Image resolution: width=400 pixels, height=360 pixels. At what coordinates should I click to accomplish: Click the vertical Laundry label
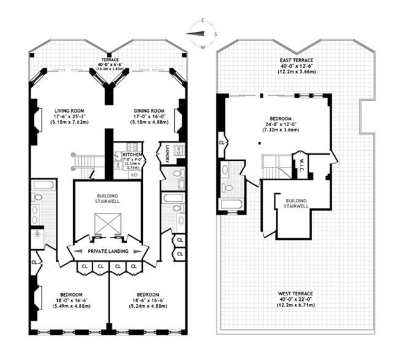(164, 154)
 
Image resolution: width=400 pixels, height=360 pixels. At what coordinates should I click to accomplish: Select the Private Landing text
(108, 251)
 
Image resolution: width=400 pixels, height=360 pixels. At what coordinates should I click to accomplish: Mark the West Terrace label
(296, 294)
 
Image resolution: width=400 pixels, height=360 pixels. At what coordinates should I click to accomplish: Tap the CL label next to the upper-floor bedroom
(222, 145)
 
